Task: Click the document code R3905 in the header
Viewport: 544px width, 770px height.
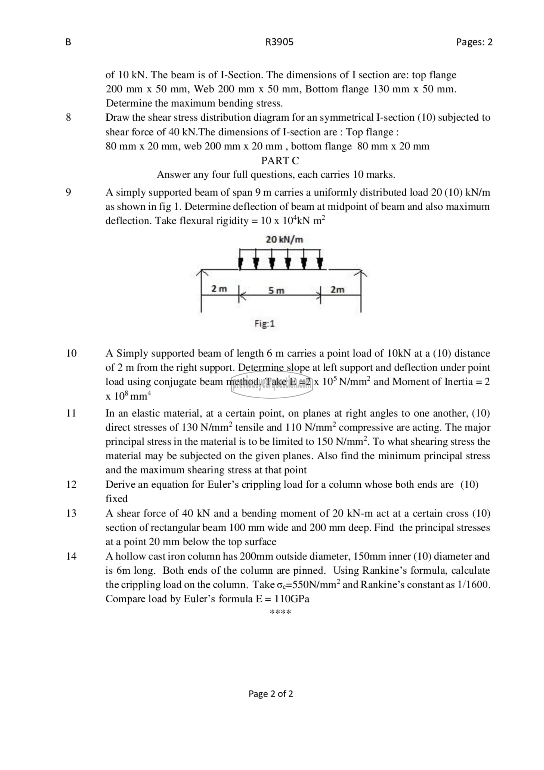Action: click(x=279, y=42)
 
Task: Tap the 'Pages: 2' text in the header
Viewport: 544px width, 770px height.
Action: click(x=474, y=42)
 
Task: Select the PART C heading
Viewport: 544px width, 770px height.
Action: click(x=280, y=161)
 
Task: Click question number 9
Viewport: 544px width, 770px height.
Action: click(x=68, y=192)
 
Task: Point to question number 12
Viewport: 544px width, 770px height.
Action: click(x=71, y=484)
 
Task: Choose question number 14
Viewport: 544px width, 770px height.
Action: click(x=71, y=556)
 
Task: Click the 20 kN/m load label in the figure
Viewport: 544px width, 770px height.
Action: click(x=284, y=239)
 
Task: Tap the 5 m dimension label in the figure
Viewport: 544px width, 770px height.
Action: click(x=276, y=291)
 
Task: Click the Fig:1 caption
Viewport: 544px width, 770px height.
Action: click(x=264, y=324)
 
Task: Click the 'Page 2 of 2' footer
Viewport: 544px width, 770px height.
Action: click(x=271, y=693)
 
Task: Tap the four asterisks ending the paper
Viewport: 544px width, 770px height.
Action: click(x=280, y=612)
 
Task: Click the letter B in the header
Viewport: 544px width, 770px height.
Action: click(x=68, y=42)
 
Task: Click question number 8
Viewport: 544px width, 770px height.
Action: click(x=68, y=117)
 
